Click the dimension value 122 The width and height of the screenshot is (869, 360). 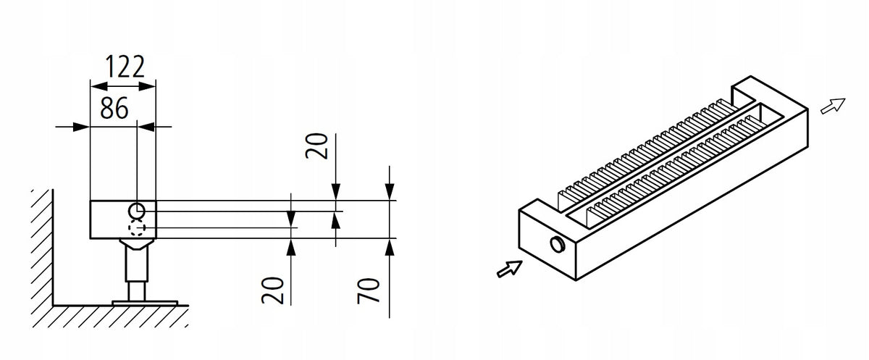125,67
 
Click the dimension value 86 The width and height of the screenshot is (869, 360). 114,108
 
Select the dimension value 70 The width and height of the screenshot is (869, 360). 368,290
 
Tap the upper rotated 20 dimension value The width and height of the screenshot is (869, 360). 316,146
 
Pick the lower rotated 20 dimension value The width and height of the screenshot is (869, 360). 272,290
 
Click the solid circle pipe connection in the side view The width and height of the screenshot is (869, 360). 137,212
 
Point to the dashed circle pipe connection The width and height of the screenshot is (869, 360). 137,227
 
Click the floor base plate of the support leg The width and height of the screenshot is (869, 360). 145,303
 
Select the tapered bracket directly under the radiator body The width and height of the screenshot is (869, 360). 137,243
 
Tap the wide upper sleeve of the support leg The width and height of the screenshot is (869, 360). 137,264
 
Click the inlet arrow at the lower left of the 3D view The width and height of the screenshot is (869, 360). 509,269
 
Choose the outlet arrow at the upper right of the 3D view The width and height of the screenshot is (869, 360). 833,106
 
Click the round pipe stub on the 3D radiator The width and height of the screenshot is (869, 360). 558,244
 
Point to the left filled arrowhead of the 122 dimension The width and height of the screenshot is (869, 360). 98,86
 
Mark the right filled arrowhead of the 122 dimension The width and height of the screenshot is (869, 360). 147,86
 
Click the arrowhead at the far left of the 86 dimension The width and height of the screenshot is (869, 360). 81,127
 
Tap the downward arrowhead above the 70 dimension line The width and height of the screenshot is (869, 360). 390,192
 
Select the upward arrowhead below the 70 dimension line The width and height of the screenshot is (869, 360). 390,247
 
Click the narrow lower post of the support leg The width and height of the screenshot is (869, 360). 137,291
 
